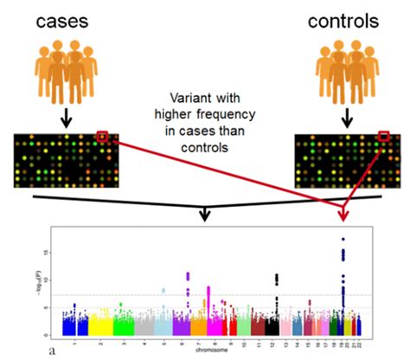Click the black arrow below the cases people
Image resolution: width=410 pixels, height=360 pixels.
(x=65, y=118)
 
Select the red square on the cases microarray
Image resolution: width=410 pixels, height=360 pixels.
(x=102, y=136)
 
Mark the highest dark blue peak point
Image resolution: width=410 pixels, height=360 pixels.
(x=343, y=239)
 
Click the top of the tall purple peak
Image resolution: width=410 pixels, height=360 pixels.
(x=189, y=274)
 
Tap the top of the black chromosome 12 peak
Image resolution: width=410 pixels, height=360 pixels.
(x=277, y=275)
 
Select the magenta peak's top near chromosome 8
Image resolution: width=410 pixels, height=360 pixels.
(x=208, y=287)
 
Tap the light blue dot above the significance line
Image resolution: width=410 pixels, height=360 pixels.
(x=164, y=291)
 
